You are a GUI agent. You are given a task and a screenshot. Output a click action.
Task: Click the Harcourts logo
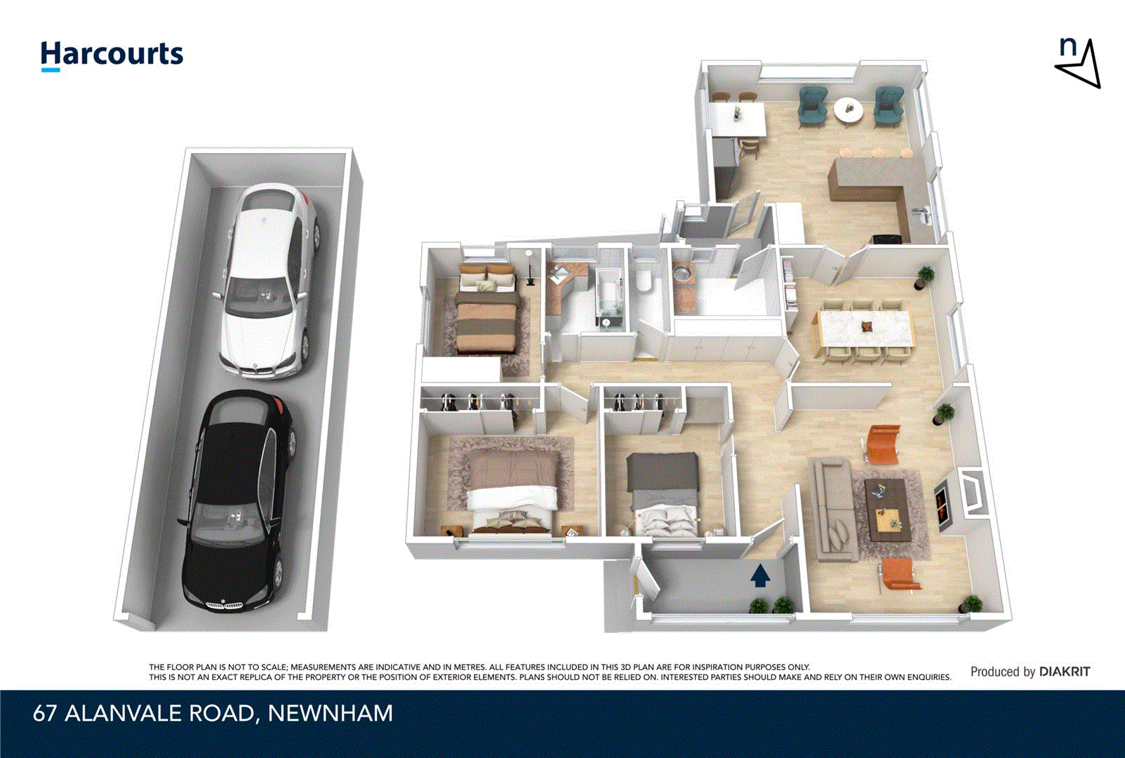point(112,55)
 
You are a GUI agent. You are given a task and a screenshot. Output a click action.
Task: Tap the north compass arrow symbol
point(1080,65)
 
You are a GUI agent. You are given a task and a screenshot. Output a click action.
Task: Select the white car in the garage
point(267,281)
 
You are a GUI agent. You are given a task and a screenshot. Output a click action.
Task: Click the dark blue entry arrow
point(761,577)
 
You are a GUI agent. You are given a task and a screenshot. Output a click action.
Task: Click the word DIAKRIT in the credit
point(1065,672)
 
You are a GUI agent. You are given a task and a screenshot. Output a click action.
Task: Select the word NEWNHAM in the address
point(331,714)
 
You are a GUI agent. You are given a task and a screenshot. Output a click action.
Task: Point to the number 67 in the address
point(45,714)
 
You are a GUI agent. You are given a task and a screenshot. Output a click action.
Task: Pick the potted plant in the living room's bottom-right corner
point(971,603)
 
